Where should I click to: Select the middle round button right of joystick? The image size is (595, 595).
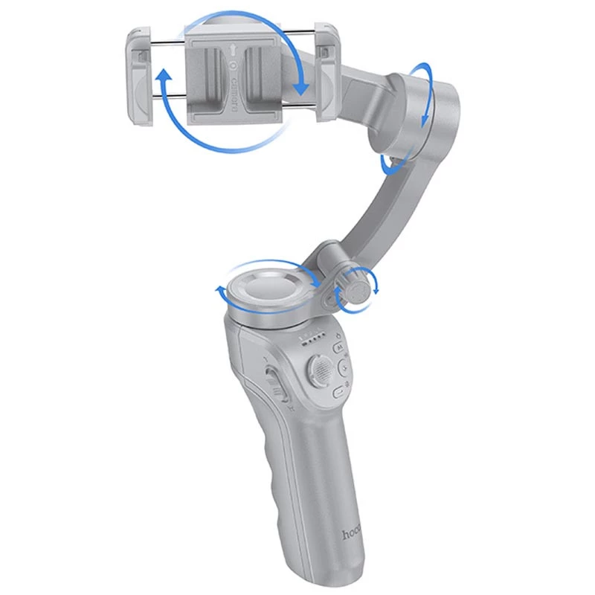coord(344,367)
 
